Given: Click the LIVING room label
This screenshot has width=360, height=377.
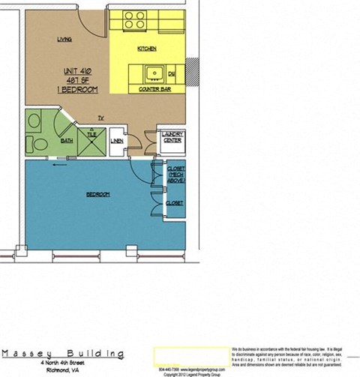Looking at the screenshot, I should (64, 39).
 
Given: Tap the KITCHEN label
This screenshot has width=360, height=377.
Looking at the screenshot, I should (146, 49).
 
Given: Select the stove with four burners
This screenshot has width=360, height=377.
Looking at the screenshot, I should (134, 20).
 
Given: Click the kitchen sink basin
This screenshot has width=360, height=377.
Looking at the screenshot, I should (155, 73).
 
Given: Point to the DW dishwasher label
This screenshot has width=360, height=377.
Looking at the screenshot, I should (172, 74).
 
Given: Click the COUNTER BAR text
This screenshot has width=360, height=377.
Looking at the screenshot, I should (156, 89).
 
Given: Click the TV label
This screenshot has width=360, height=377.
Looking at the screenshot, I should (100, 117).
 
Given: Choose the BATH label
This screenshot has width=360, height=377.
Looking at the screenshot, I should (67, 140).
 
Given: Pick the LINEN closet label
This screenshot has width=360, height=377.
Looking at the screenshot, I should (117, 141).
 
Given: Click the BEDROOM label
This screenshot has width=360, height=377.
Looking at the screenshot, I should (97, 195).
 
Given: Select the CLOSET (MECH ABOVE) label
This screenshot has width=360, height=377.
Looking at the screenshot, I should (176, 175).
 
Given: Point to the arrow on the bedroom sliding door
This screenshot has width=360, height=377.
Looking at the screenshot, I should (57, 167).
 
